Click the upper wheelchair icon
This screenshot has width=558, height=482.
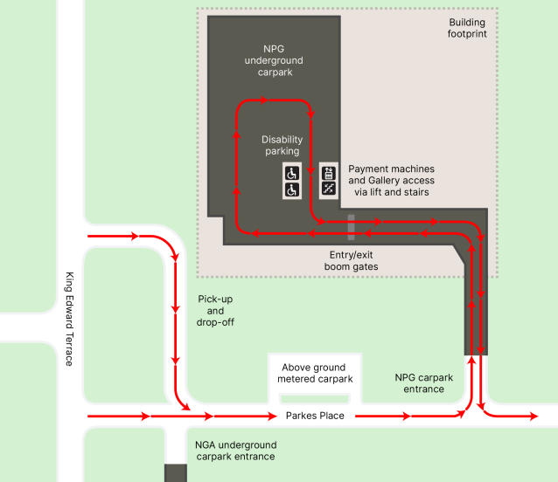(292, 172)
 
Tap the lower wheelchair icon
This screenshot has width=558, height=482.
(292, 189)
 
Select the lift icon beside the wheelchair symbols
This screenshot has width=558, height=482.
(329, 172)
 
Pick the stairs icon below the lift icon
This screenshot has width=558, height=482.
(329, 189)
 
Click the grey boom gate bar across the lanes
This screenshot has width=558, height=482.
(351, 227)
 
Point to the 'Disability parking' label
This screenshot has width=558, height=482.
(282, 145)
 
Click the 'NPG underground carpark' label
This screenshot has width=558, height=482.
(274, 61)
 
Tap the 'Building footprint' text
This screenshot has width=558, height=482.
(467, 28)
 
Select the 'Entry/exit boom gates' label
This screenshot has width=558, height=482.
(351, 260)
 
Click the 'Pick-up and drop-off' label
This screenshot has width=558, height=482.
(216, 310)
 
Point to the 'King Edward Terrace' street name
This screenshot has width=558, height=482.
(70, 319)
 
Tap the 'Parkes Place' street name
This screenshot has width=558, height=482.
(315, 417)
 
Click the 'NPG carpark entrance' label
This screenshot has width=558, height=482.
(424, 383)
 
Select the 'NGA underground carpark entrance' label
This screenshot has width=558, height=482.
(236, 451)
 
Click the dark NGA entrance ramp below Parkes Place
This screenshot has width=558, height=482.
(176, 472)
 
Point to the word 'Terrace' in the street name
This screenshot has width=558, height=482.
(70, 349)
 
